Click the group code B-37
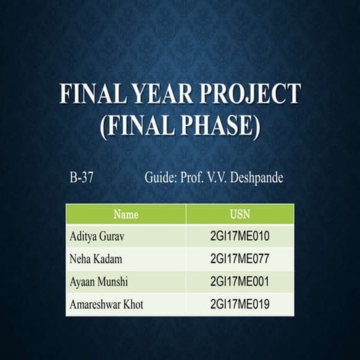pyautogui.click(x=80, y=179)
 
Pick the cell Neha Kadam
pyautogui.click(x=95, y=259)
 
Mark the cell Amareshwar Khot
pyautogui.click(x=106, y=304)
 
